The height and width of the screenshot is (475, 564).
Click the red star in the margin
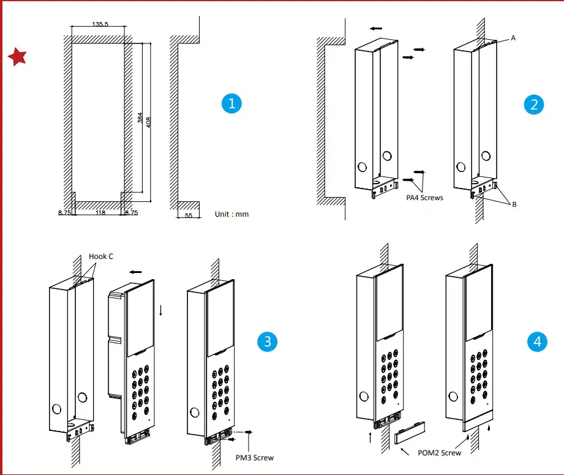tap(17, 57)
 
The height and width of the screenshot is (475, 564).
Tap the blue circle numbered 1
tap(231, 103)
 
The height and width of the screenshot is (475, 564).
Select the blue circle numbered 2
tap(535, 104)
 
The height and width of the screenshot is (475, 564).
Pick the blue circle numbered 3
tap(267, 341)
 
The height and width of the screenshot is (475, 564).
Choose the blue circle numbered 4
tap(537, 341)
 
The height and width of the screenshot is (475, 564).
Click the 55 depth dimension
tap(187, 215)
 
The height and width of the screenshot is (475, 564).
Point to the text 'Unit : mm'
tap(232, 214)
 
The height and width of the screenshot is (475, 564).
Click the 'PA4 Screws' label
tap(424, 198)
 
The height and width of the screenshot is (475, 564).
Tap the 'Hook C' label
tap(101, 256)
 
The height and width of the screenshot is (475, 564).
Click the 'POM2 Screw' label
tap(440, 452)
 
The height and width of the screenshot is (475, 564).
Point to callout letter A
tap(513, 38)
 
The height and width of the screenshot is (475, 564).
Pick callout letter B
tap(514, 204)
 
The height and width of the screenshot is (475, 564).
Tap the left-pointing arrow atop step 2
tap(377, 28)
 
